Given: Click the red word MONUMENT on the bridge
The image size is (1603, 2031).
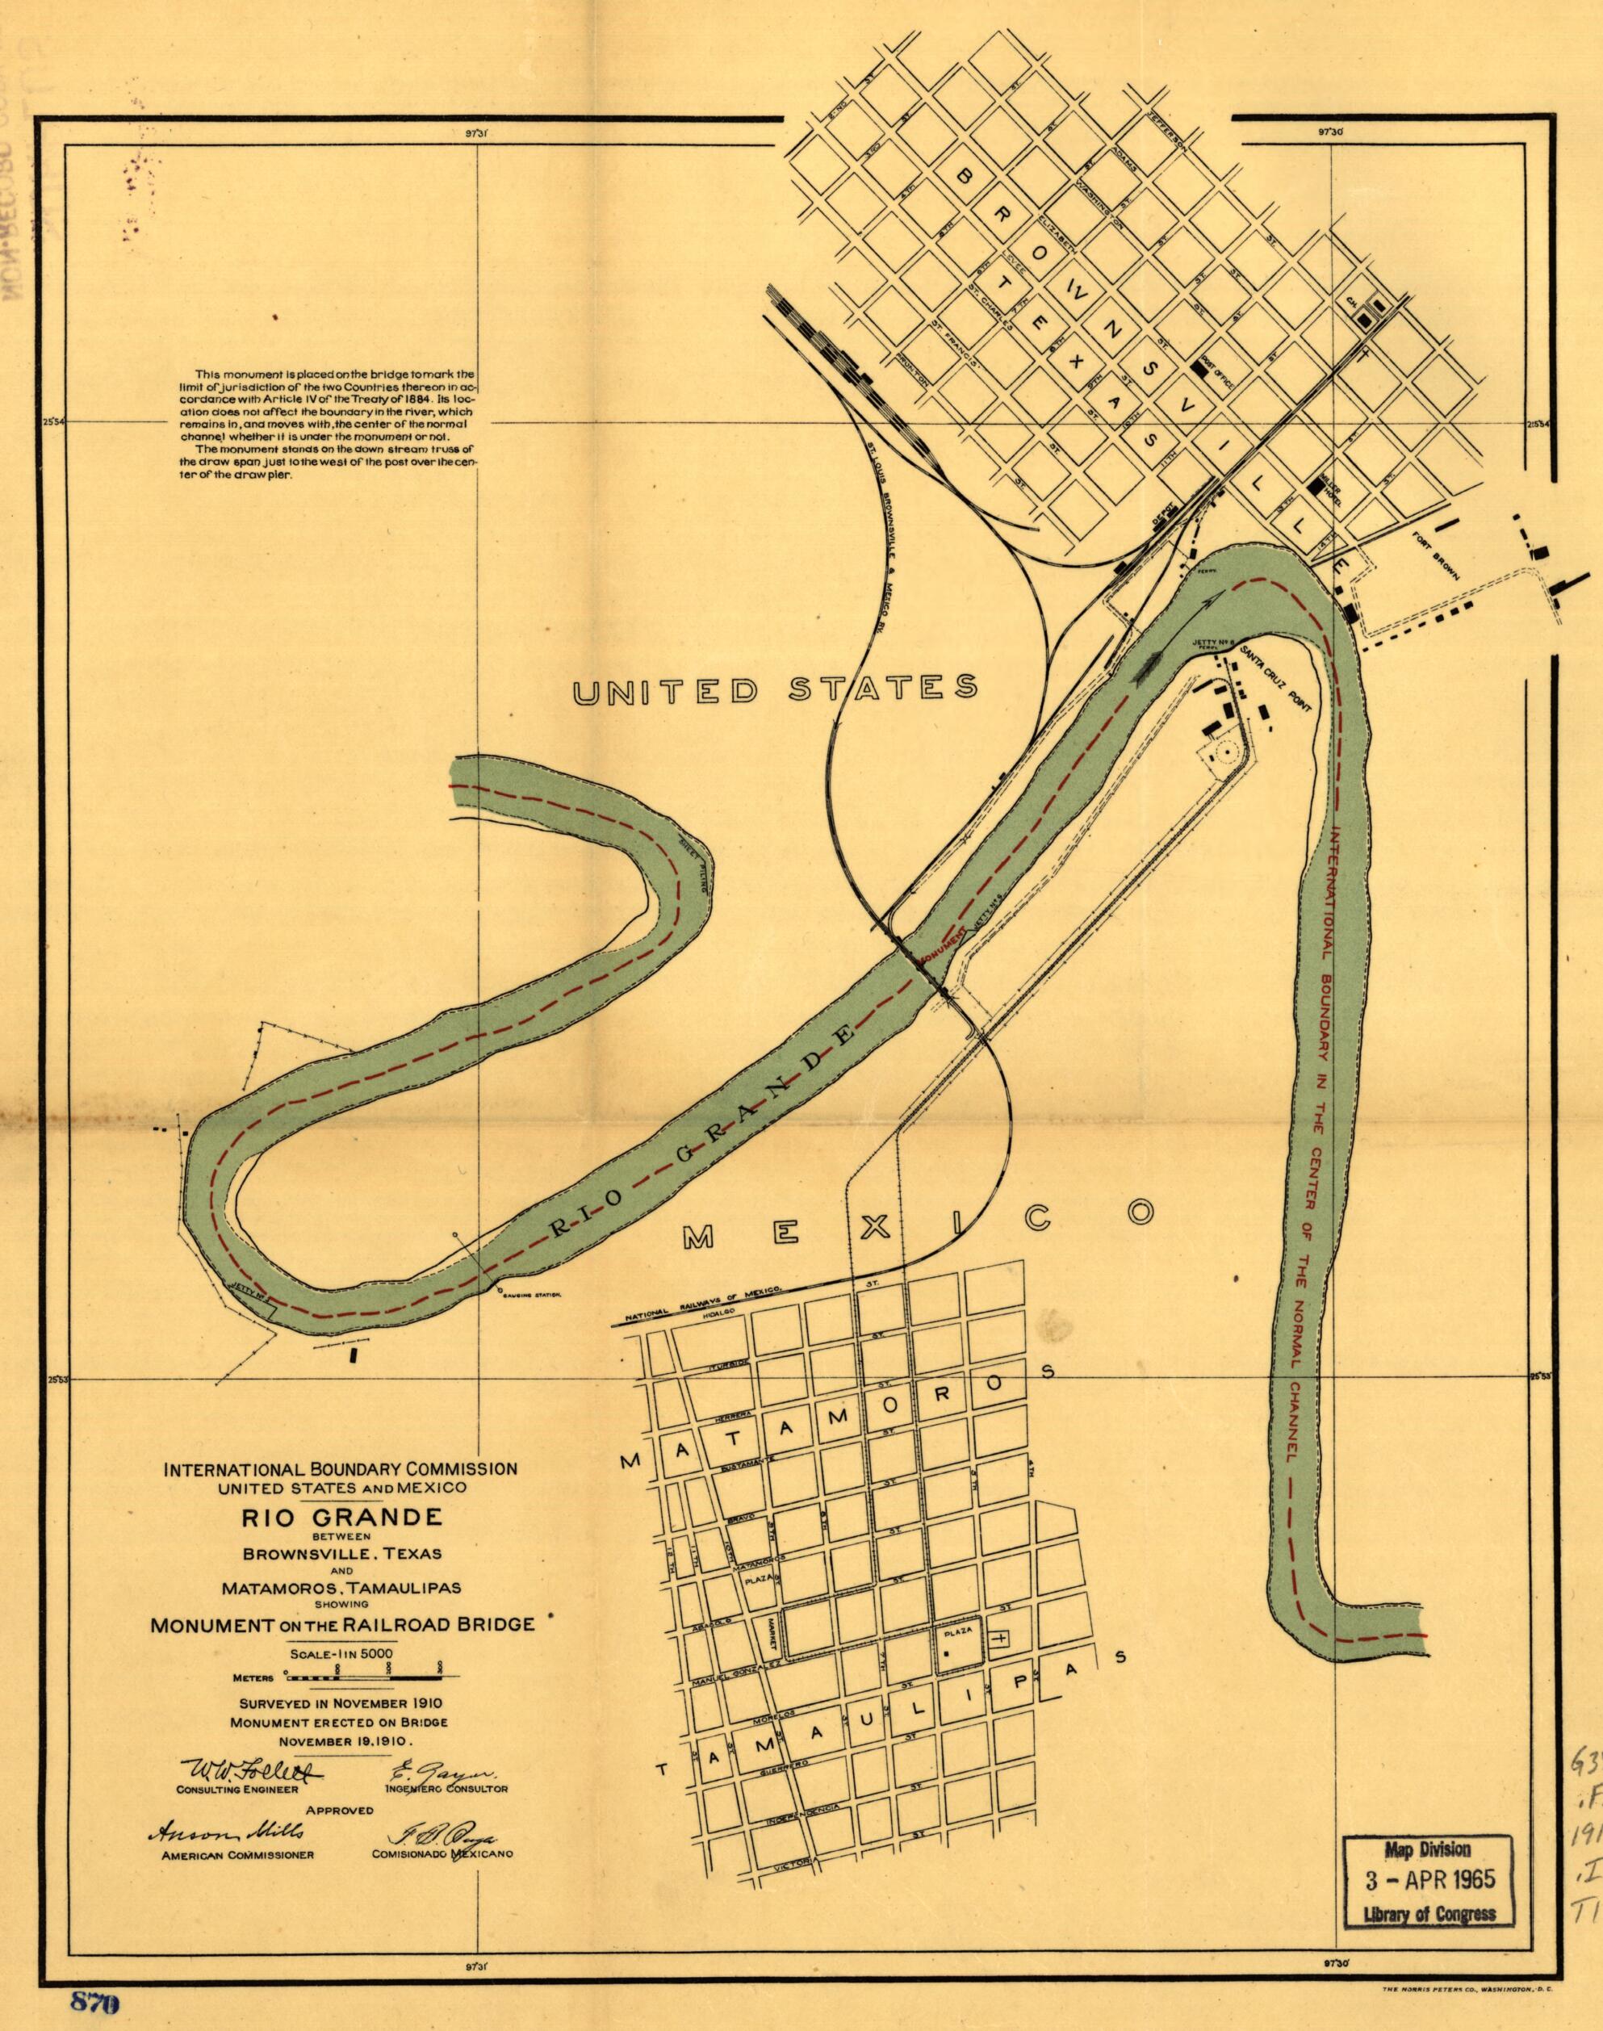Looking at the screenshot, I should (941, 956).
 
